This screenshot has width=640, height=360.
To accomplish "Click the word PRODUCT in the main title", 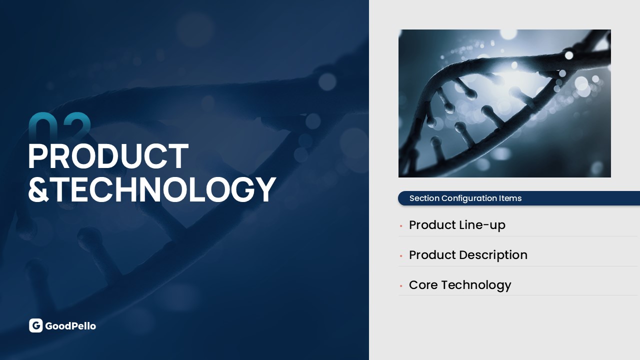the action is pyautogui.click(x=108, y=156).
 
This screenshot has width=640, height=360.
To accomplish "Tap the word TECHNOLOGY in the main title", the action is pyautogui.click(x=164, y=189).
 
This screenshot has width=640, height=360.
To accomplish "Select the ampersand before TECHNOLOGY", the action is pyautogui.click(x=38, y=189).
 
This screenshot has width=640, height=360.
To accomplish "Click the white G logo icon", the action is pyautogui.click(x=35, y=325).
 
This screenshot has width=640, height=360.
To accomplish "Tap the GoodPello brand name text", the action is pyautogui.click(x=70, y=326).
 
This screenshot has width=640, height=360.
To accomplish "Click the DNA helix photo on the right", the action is pyautogui.click(x=504, y=103).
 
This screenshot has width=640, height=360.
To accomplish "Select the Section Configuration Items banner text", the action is pyautogui.click(x=465, y=198).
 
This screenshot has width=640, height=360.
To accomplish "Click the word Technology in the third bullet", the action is pyautogui.click(x=476, y=285).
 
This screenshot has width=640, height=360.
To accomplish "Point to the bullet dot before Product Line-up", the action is pyautogui.click(x=401, y=226).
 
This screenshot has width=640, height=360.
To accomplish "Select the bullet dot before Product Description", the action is pyautogui.click(x=401, y=256).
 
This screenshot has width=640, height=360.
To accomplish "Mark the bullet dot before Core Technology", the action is pyautogui.click(x=401, y=285).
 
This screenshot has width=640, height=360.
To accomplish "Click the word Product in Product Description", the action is pyautogui.click(x=432, y=255).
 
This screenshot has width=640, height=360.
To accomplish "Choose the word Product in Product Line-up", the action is pyautogui.click(x=432, y=225).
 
